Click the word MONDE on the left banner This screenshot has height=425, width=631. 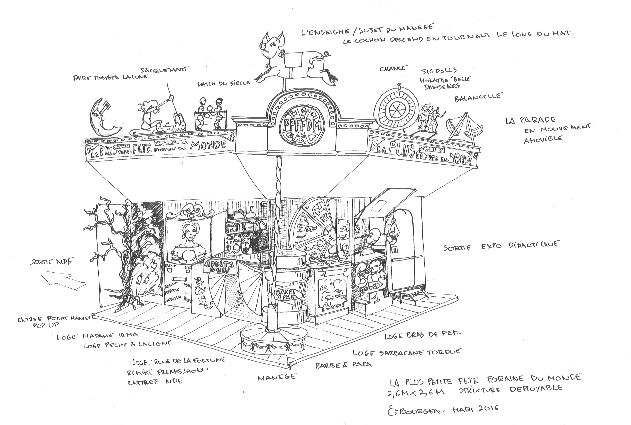point(208,146)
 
